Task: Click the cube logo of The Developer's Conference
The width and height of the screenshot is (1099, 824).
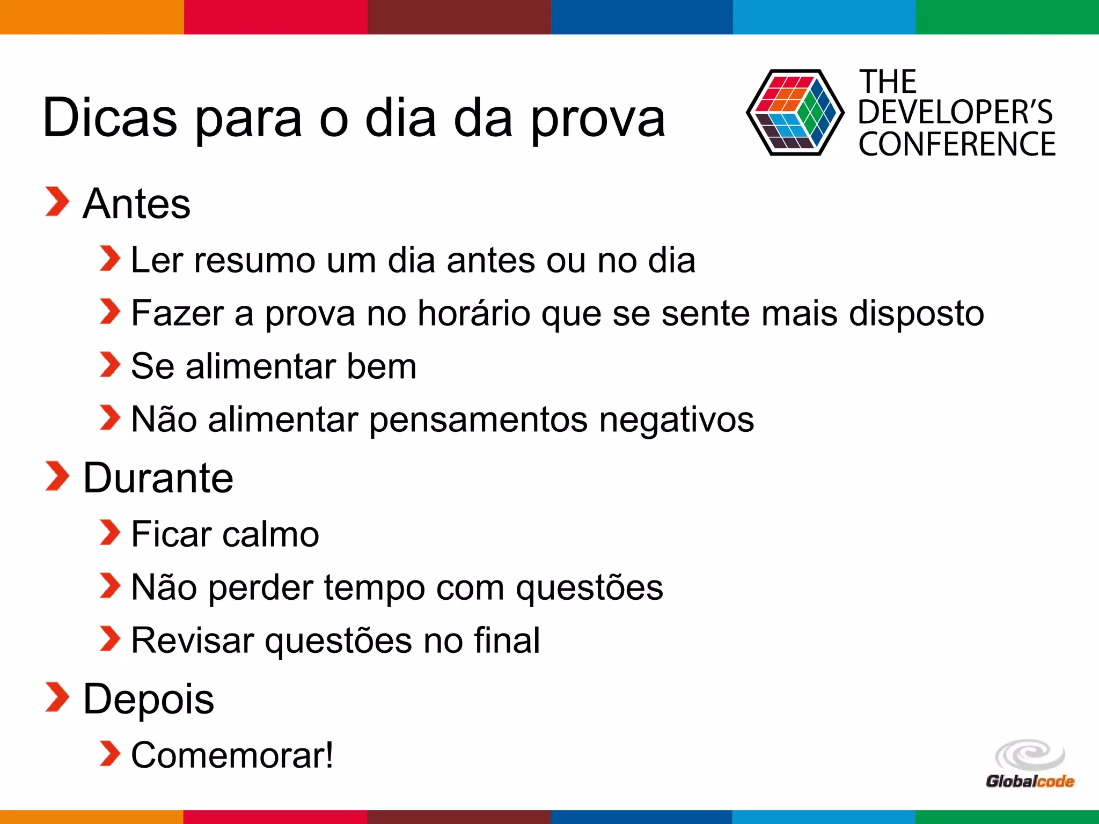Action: coord(795,113)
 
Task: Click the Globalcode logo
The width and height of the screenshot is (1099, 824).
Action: coord(1030,764)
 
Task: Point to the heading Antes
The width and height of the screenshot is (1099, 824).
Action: coord(137,204)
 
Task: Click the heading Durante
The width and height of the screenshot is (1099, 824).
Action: coord(158,478)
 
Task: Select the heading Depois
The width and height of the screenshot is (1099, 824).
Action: coord(149,699)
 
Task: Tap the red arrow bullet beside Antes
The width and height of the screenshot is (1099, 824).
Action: coord(57,202)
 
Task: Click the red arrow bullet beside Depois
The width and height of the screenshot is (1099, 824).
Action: coord(57,697)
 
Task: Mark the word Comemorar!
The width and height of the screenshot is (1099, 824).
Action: coord(232,755)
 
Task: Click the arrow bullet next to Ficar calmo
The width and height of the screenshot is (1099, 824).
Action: coord(110,532)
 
